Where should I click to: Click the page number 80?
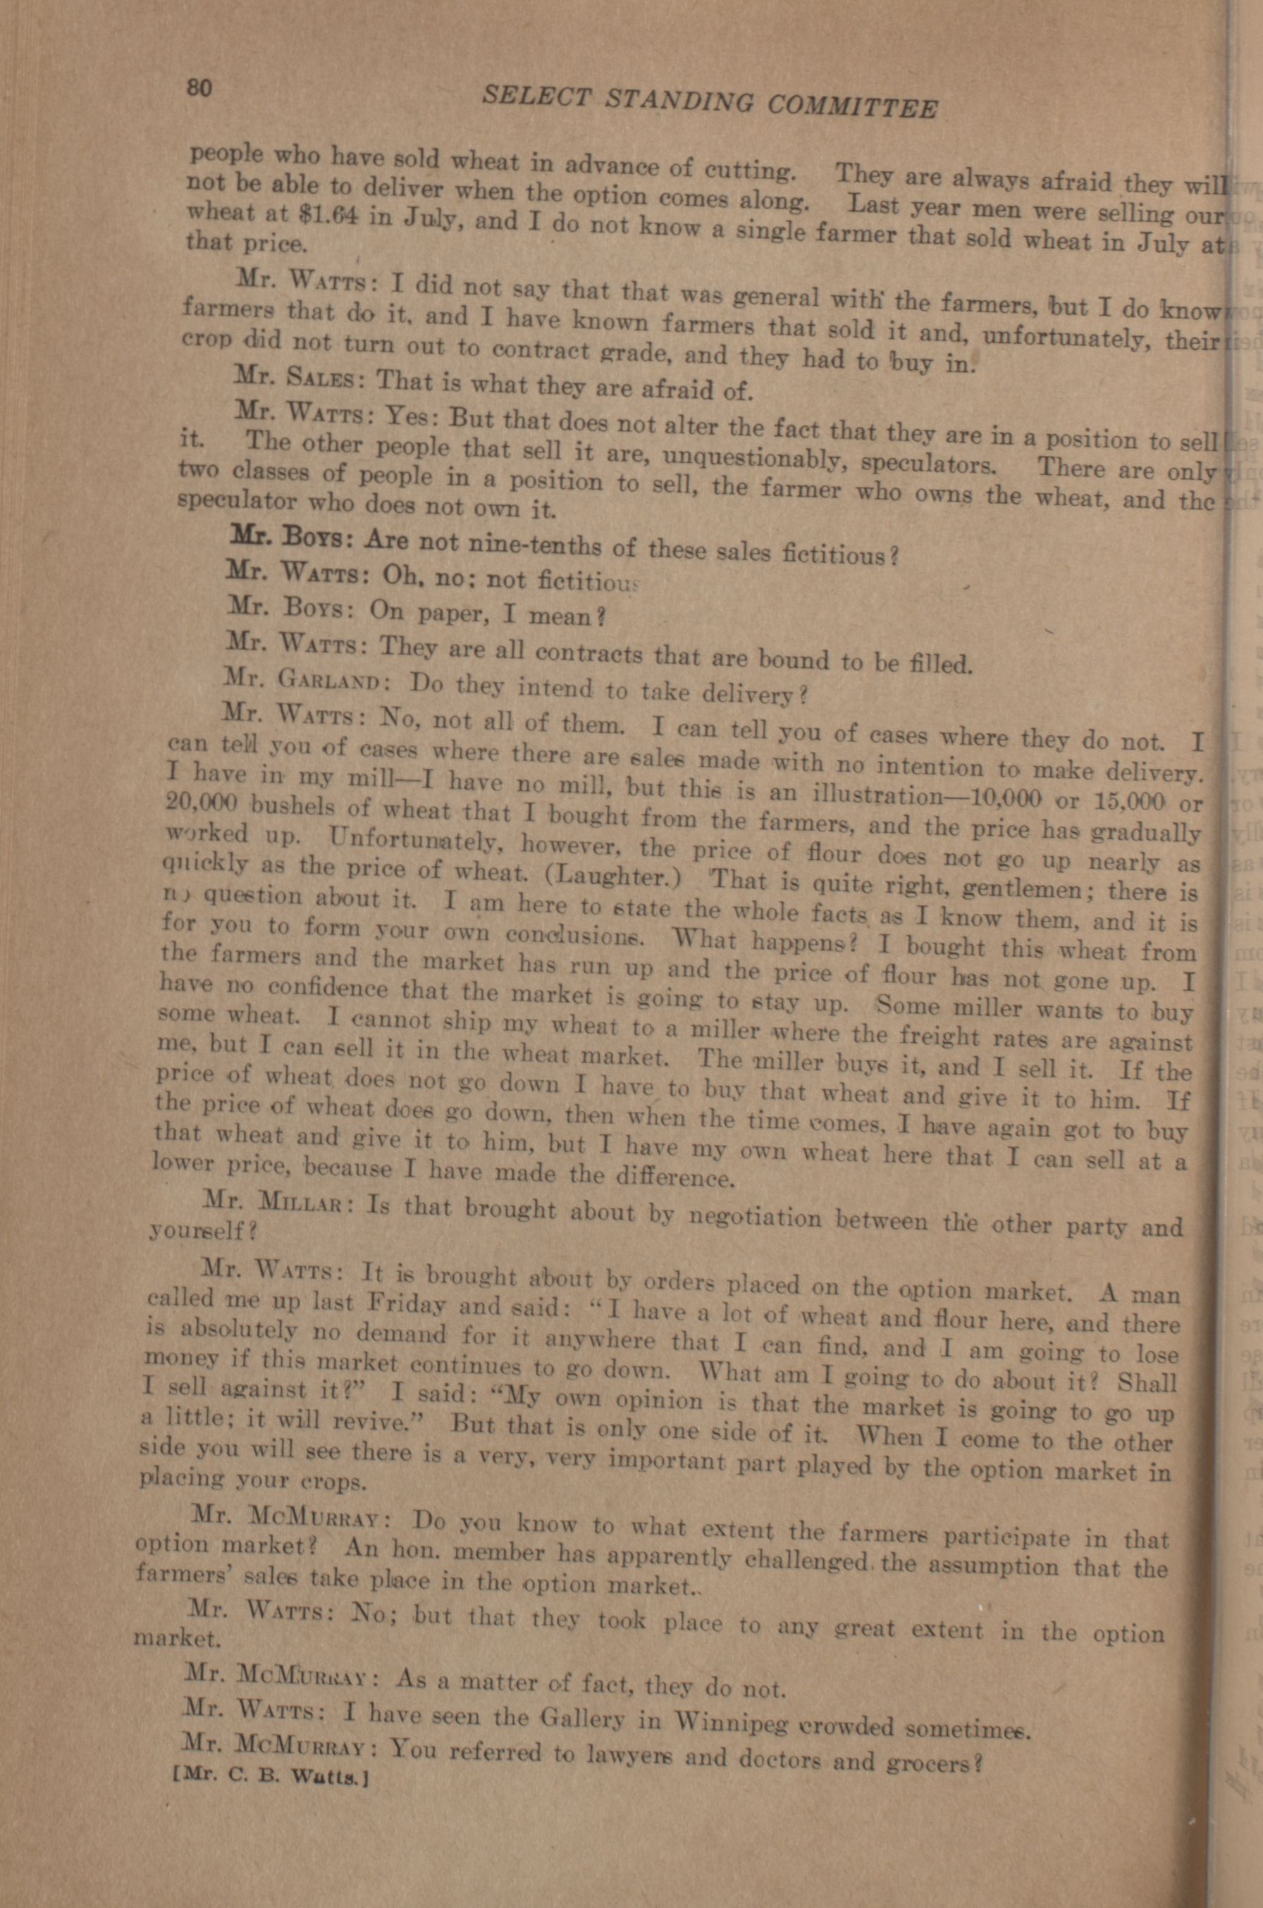coord(199,86)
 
